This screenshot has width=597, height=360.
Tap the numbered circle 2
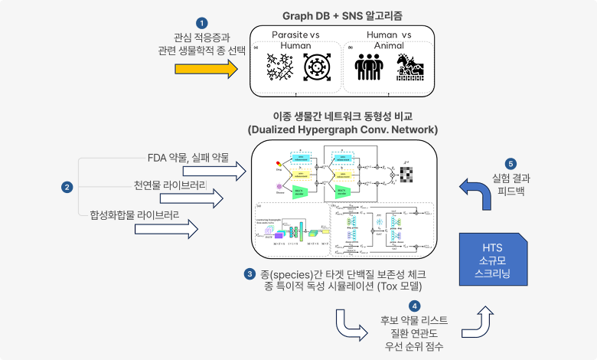(67, 186)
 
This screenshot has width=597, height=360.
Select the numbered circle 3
(250, 273)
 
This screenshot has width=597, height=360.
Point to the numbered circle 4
(393, 306)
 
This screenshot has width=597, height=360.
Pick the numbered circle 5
(511, 163)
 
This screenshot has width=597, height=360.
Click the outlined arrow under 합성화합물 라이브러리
(167, 228)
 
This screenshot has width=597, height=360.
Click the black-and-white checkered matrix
(406, 175)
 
